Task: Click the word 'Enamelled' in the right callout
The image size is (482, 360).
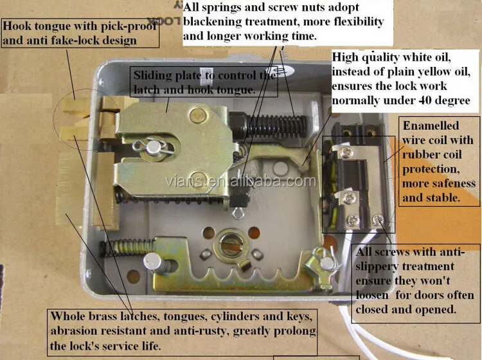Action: click(429, 125)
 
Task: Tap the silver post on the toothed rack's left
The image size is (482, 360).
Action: click(153, 262)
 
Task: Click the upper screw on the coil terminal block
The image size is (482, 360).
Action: click(348, 152)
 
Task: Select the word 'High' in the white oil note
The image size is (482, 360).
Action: click(346, 57)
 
